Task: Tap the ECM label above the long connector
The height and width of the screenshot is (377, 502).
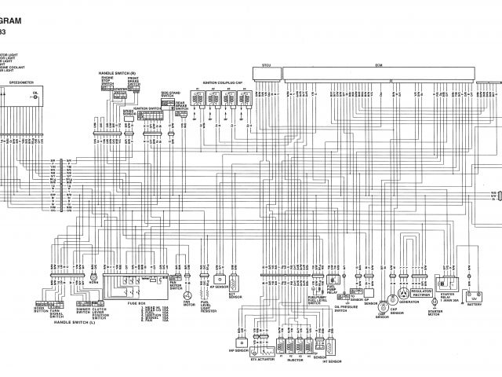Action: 379,65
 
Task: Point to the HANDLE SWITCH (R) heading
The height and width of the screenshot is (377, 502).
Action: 117,73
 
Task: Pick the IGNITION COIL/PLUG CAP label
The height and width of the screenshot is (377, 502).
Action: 223,82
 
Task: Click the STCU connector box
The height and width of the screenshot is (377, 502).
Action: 266,74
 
